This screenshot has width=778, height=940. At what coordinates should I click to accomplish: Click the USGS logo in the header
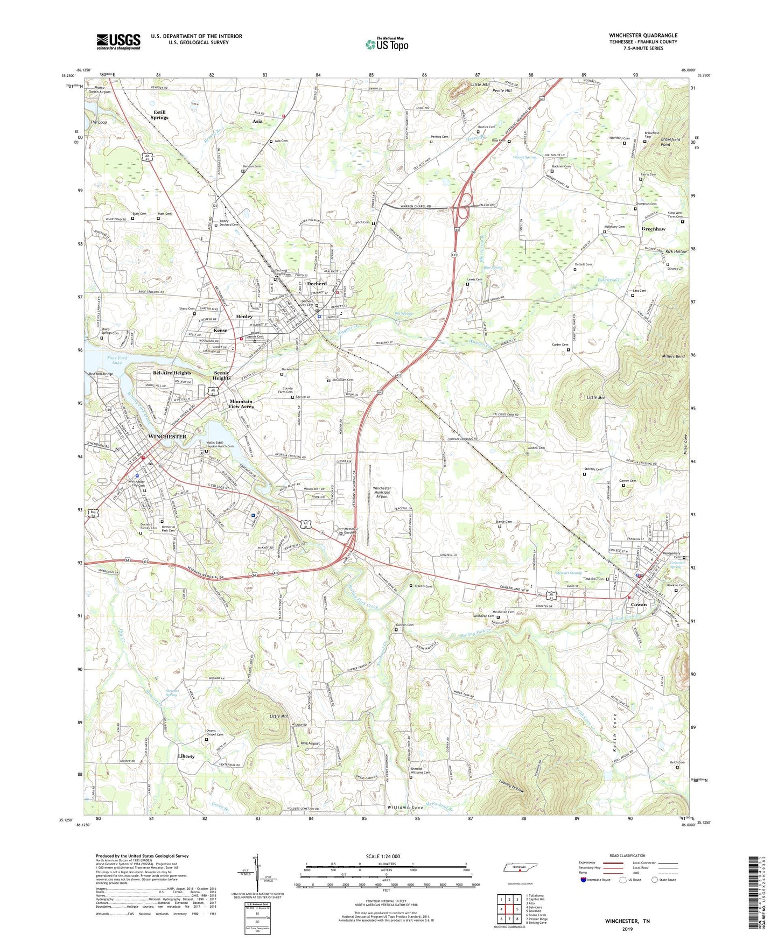[118, 41]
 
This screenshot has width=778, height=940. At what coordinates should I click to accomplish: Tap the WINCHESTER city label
[167, 437]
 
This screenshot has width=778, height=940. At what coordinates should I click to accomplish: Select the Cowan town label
[639, 605]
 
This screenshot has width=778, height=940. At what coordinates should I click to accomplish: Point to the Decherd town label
[317, 284]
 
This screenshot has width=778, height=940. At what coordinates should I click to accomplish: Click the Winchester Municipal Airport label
[382, 492]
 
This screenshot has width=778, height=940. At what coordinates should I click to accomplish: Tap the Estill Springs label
[159, 115]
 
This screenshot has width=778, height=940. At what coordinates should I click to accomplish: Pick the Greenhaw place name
[653, 229]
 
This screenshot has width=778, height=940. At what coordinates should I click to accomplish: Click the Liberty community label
[186, 756]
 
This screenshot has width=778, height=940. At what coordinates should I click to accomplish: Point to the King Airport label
[310, 743]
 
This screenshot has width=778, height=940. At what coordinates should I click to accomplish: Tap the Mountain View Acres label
[241, 404]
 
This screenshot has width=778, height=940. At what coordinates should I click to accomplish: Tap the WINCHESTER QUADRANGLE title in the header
[643, 36]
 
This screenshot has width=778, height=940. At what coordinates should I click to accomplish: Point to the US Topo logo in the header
[387, 44]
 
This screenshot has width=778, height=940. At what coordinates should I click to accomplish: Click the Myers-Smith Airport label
[100, 89]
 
